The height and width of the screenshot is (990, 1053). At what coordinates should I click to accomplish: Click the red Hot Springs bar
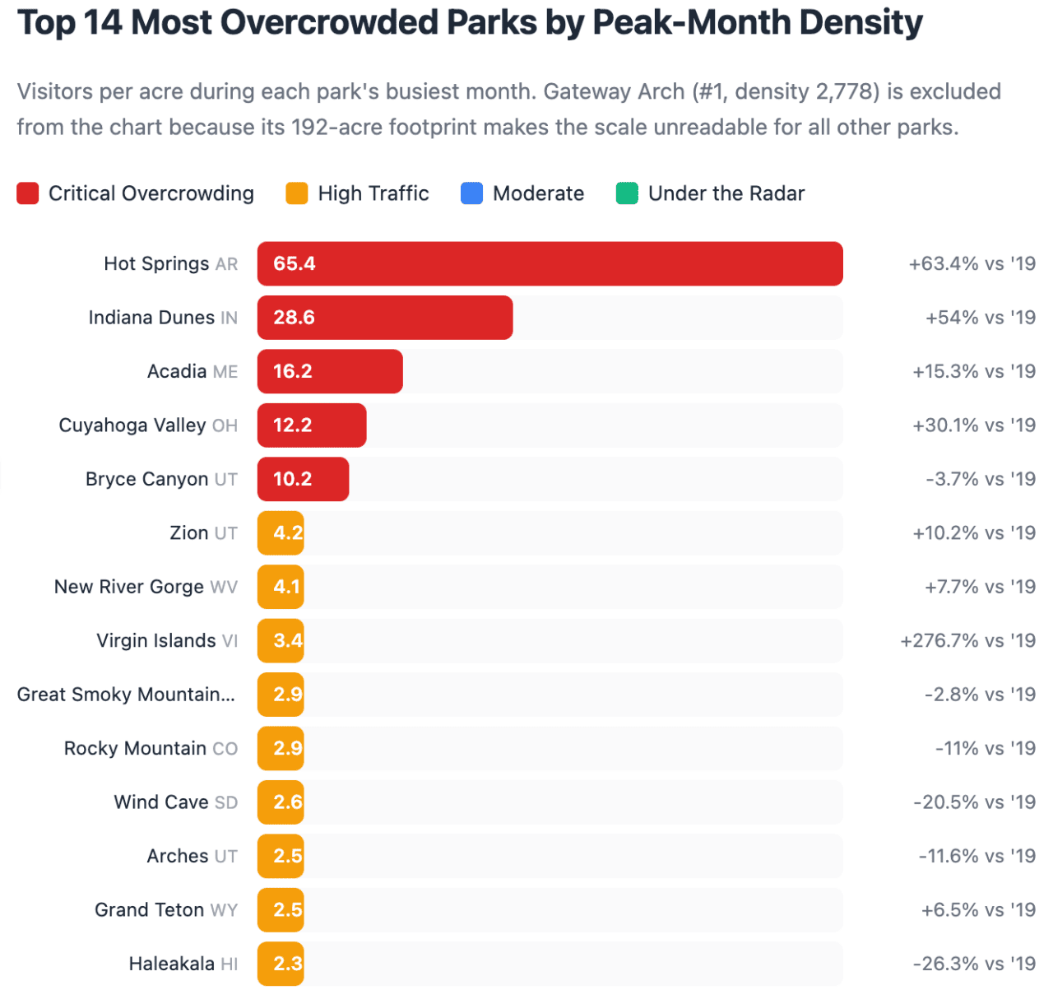[550, 263]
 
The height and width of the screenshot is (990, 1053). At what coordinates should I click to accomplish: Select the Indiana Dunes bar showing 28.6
[385, 318]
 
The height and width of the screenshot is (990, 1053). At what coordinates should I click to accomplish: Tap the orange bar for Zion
[281, 533]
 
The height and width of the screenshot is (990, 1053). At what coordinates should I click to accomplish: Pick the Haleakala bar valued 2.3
[281, 964]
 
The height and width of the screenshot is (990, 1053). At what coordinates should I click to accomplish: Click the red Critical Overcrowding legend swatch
[28, 193]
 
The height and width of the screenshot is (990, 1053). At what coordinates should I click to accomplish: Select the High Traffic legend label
[373, 193]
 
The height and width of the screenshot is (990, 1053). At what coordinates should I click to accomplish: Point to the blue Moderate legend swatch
[471, 193]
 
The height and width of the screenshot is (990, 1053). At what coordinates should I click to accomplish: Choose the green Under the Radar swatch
[627, 193]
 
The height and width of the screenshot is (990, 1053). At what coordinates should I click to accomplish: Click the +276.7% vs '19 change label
[967, 641]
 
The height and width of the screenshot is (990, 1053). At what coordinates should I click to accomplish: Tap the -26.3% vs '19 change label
[974, 964]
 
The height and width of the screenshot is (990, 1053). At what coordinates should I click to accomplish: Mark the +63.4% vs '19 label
[972, 264]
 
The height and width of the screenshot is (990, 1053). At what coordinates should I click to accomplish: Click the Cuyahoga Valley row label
[132, 425]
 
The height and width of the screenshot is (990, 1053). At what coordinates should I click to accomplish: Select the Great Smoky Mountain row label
[126, 695]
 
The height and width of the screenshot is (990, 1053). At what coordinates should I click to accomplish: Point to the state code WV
[224, 588]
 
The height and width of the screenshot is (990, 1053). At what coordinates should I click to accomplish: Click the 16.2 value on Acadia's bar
[293, 371]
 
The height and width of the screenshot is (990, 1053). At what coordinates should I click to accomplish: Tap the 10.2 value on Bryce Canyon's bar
[293, 479]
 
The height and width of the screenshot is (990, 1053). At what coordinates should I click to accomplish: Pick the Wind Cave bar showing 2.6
[281, 802]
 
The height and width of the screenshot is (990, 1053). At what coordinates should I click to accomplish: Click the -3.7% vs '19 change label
[980, 479]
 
